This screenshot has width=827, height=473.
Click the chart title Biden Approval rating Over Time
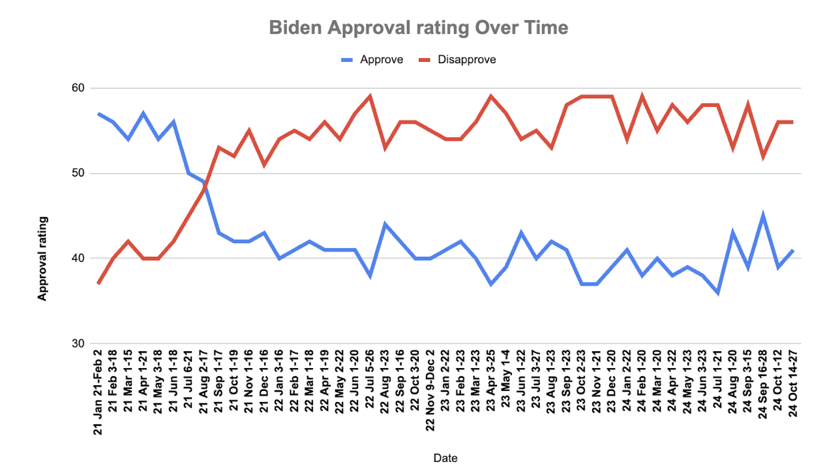click(x=418, y=28)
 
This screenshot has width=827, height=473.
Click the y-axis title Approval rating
click(x=42, y=259)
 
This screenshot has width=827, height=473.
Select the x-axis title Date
click(x=445, y=458)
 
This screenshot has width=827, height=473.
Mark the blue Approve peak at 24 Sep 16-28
click(x=763, y=215)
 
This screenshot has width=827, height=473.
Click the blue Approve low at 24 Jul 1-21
click(x=717, y=293)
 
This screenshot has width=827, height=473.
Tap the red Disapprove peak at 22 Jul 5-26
click(x=370, y=96)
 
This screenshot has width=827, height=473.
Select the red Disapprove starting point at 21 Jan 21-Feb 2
click(x=98, y=283)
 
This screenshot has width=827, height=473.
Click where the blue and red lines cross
click(x=205, y=186)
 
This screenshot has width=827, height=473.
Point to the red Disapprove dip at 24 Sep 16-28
click(x=763, y=156)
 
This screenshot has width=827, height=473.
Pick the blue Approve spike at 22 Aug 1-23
click(x=385, y=224)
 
